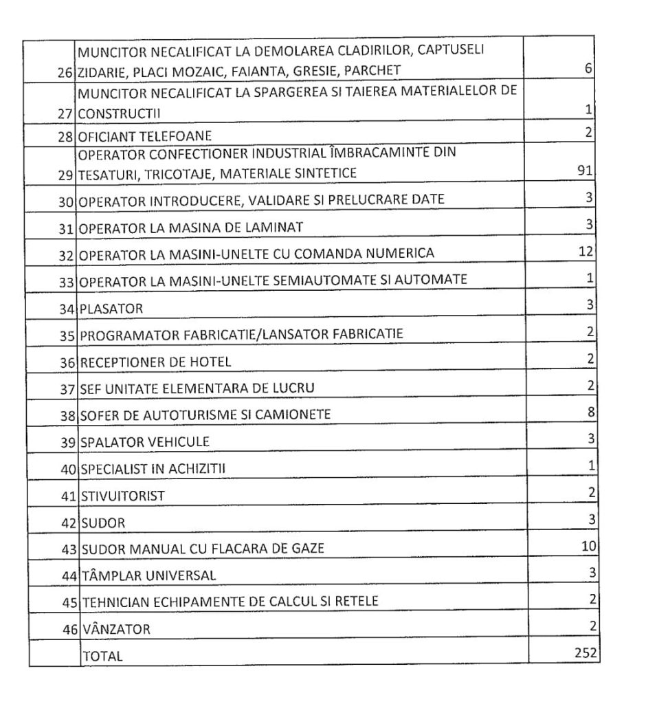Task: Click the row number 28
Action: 67,135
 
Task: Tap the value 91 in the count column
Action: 585,170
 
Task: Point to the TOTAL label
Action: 102,656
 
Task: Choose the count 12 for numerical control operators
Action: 586,252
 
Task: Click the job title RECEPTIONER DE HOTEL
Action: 155,362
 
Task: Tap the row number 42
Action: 67,523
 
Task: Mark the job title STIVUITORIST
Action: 123,496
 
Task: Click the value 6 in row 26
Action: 589,69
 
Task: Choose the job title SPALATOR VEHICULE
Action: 145,441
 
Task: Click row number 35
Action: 67,335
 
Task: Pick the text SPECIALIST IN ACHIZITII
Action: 154,469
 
